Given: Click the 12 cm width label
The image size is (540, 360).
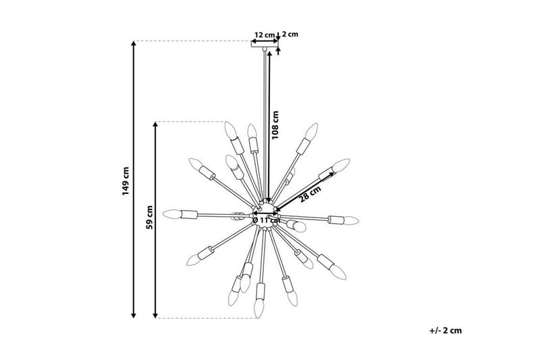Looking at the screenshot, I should coord(265,34).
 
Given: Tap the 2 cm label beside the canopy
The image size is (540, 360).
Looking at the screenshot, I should coord(290,34).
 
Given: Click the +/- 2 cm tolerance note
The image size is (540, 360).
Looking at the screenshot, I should coord(445,330).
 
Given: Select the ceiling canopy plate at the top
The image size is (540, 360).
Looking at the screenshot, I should coord(265,45).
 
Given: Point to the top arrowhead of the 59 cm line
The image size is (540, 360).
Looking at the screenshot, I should coord(157,125).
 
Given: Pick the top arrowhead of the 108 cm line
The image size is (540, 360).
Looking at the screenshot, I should coord(269,53).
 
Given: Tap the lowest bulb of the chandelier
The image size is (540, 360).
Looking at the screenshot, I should coord(257,309).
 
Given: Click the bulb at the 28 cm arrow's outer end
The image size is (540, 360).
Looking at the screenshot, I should coord(342,164).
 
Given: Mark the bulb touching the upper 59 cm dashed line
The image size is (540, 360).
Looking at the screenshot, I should coord(230,128).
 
